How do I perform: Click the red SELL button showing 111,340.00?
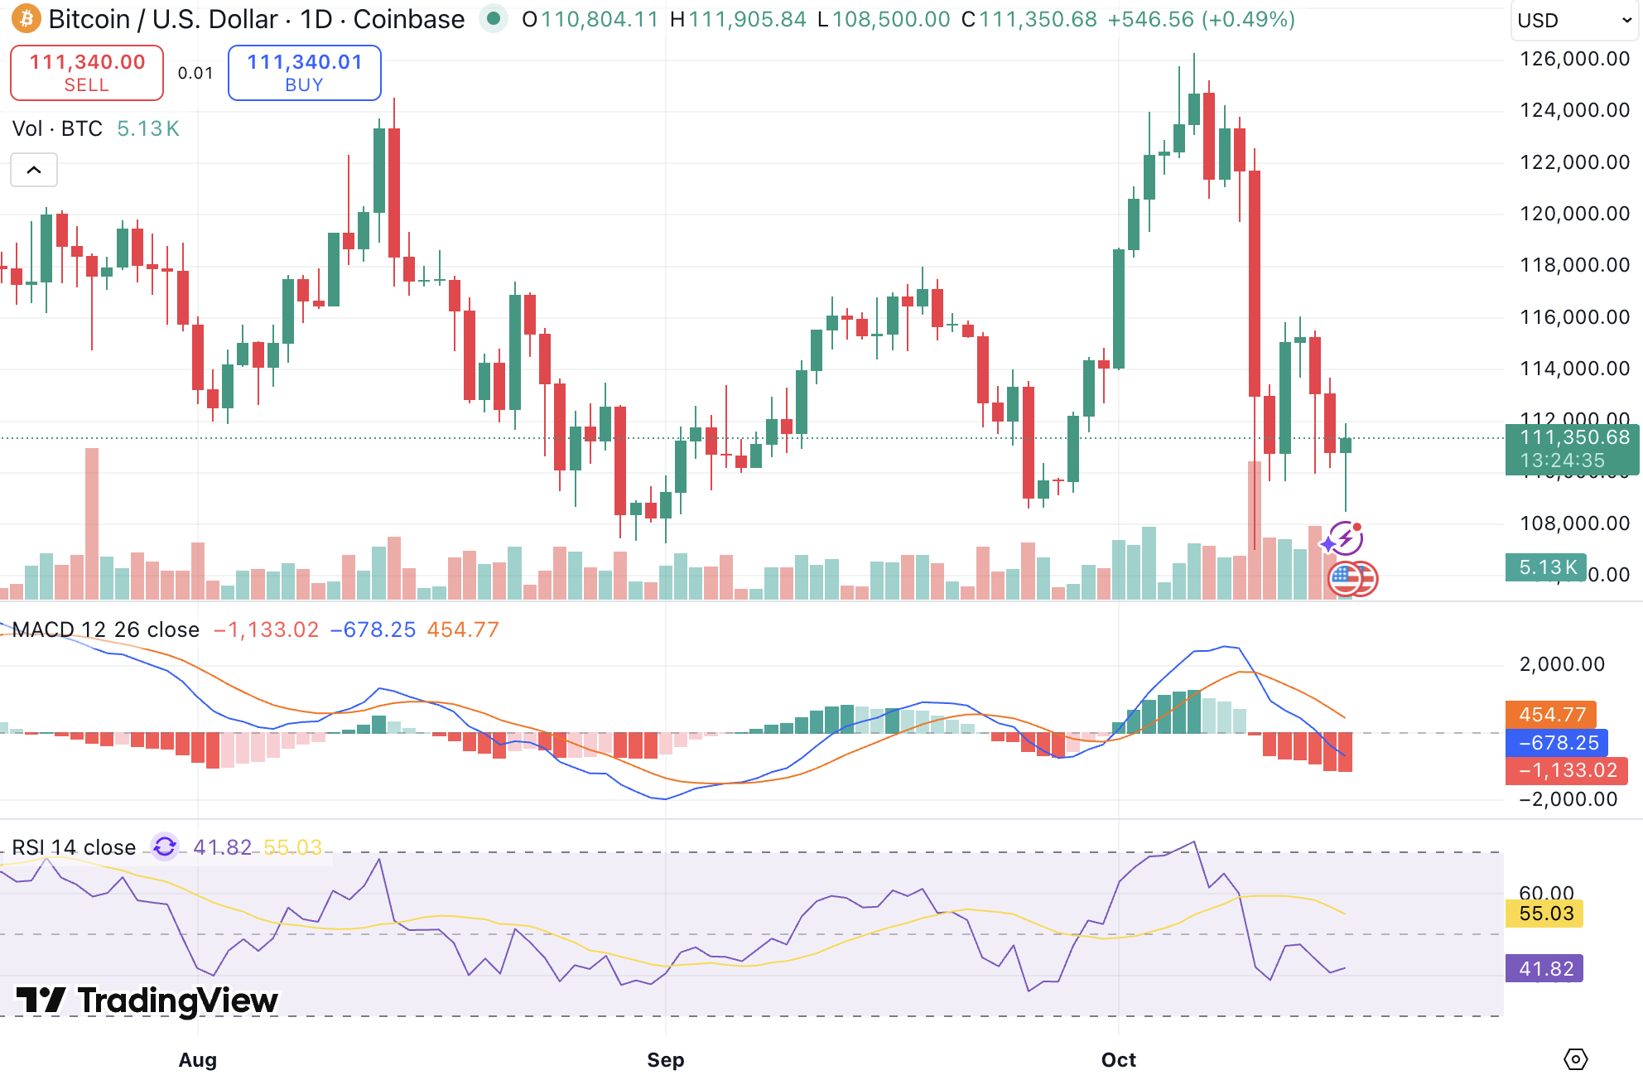[x=87, y=73]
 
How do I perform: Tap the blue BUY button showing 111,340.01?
[x=304, y=73]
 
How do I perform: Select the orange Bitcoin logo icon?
[x=26, y=18]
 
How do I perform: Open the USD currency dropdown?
[x=1573, y=20]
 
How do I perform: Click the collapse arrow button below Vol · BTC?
[x=34, y=170]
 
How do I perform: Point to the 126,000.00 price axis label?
[x=1574, y=59]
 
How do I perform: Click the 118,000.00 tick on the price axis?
[x=1574, y=265]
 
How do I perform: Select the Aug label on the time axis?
[x=198, y=1059]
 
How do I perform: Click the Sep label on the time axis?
[x=665, y=1059]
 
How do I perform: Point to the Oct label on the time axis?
[x=1118, y=1059]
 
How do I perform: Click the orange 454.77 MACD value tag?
[x=1551, y=714]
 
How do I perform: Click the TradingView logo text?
[x=147, y=1000]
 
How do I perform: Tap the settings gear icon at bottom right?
[x=1575, y=1058]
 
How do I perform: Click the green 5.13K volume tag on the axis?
[x=1546, y=567]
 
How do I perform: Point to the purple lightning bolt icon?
[x=1346, y=538]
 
